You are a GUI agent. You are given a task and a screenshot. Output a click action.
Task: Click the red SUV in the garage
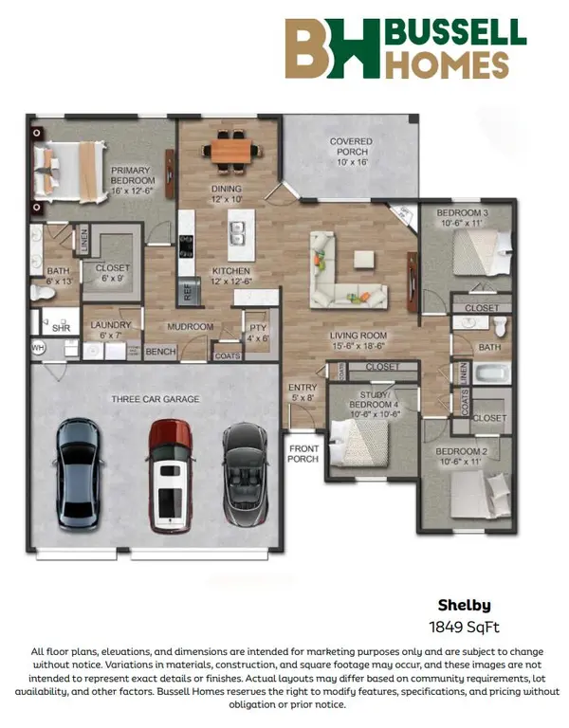point(170,476)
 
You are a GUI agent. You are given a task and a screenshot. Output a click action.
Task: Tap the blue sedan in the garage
point(78,474)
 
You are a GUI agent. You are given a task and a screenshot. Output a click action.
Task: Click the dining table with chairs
point(230,151)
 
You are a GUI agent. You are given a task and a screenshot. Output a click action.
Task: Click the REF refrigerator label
point(188,292)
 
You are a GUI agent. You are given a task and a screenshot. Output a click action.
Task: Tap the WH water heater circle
point(38,347)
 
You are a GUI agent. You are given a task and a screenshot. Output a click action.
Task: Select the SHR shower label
point(62,328)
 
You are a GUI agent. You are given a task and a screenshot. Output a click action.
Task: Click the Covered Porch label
point(351,152)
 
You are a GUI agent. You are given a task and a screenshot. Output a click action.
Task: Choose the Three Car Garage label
point(156,399)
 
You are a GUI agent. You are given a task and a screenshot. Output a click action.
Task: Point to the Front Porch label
point(303,454)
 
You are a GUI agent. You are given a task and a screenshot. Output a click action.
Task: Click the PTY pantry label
point(258,327)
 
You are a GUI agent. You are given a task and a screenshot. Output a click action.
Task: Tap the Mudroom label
point(191,327)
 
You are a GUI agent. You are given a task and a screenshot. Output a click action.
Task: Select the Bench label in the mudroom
point(160,352)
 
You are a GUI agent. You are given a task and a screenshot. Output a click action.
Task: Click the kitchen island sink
point(238,233)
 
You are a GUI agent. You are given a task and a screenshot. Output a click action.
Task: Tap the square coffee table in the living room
point(364,259)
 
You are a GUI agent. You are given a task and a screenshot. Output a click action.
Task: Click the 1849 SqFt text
point(464,628)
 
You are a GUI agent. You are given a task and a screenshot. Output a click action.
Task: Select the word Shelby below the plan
point(464,605)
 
